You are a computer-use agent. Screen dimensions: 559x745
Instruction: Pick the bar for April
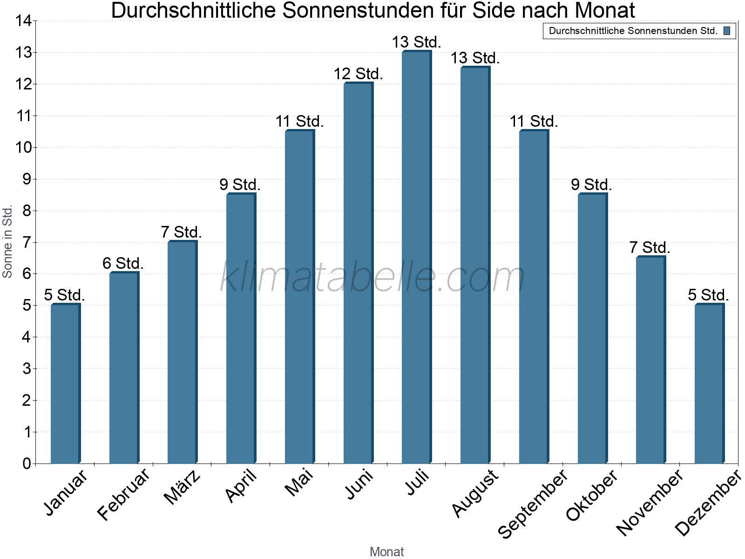click(241, 328)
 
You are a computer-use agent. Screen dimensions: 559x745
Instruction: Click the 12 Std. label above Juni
click(358, 74)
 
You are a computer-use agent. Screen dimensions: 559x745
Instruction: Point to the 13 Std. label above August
click(475, 58)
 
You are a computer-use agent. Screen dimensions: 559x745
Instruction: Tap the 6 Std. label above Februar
click(123, 263)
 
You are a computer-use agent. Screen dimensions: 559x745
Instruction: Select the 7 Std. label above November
click(650, 247)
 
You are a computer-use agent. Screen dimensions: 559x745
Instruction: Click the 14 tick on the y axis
click(23, 20)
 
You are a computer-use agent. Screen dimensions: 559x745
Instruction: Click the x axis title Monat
click(386, 552)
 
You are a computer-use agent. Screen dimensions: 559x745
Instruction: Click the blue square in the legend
click(727, 31)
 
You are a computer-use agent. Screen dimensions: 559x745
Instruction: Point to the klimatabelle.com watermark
click(372, 277)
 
